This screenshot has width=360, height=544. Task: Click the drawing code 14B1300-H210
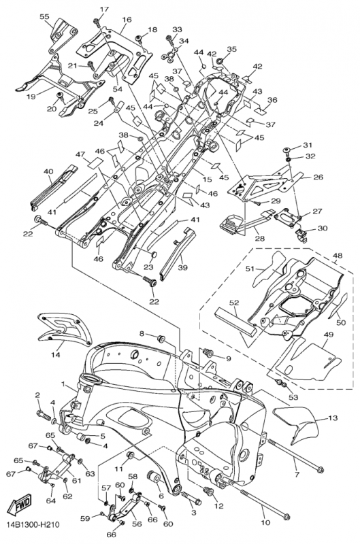click(32, 524)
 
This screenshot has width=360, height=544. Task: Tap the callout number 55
click(44, 16)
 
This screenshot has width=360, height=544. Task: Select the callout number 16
click(127, 20)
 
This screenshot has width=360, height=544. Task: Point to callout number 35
click(231, 49)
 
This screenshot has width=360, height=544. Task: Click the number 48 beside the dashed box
click(338, 256)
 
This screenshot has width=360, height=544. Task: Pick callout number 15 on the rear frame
click(208, 180)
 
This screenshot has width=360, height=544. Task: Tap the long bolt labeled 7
click(295, 455)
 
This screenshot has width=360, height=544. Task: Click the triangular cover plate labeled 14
click(65, 329)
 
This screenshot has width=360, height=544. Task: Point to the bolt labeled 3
click(191, 498)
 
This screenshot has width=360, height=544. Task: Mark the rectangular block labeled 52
click(235, 322)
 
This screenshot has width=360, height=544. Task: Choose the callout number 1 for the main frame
click(63, 384)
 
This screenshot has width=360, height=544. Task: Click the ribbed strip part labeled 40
click(53, 188)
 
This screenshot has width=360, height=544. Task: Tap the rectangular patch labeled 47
click(95, 163)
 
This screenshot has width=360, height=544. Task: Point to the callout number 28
click(259, 239)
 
